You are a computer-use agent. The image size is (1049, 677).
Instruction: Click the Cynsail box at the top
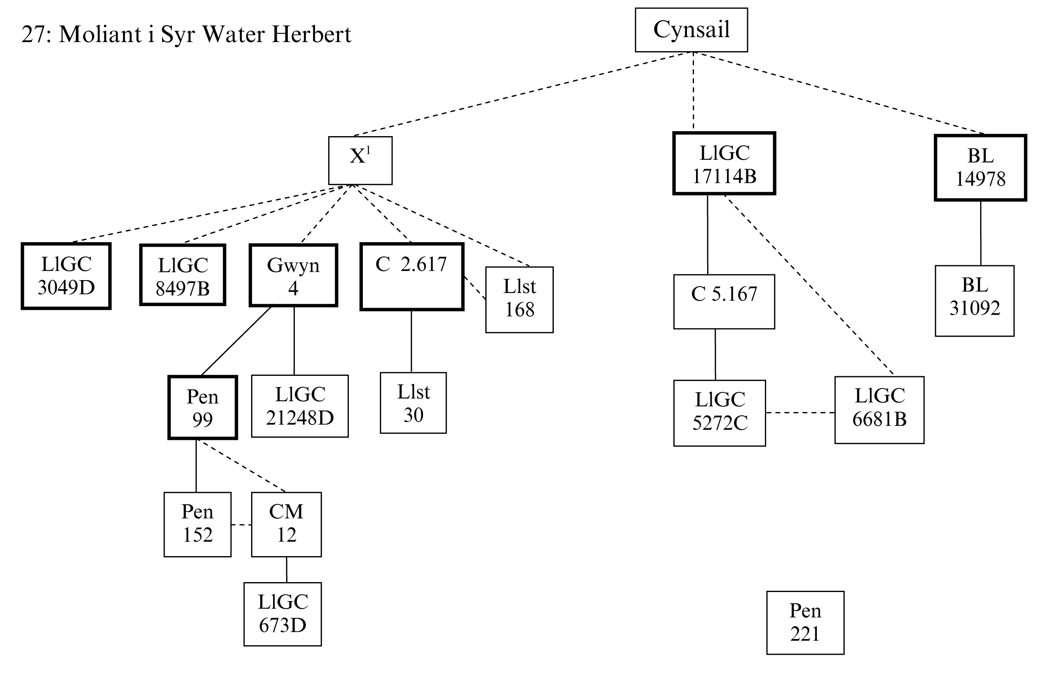click(x=691, y=30)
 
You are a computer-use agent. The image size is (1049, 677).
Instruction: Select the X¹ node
click(x=360, y=160)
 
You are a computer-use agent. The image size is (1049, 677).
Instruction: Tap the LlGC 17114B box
click(x=724, y=163)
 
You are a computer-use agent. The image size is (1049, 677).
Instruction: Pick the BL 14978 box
click(x=980, y=167)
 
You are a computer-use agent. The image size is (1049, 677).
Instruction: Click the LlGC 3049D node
click(x=66, y=276)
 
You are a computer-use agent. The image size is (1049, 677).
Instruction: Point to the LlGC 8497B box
click(x=183, y=275)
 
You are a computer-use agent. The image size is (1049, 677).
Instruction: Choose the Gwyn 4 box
click(x=294, y=275)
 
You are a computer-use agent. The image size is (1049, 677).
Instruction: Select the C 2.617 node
click(x=412, y=276)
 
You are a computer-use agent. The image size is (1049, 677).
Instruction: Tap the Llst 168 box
click(x=519, y=300)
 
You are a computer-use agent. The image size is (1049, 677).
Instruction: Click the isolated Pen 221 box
click(x=805, y=623)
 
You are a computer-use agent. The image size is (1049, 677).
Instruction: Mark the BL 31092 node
click(x=974, y=301)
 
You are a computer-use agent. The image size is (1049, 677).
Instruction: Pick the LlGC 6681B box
click(x=879, y=410)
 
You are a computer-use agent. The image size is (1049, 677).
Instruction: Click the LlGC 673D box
click(x=282, y=614)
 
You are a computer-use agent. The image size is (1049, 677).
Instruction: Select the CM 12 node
click(x=287, y=524)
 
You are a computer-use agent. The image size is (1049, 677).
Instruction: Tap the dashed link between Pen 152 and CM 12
click(x=241, y=525)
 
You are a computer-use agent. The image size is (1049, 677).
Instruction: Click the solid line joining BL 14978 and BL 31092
click(x=981, y=233)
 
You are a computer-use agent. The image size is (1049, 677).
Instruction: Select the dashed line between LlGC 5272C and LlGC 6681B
click(x=800, y=413)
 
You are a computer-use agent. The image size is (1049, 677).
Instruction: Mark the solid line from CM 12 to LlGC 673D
click(x=287, y=570)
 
